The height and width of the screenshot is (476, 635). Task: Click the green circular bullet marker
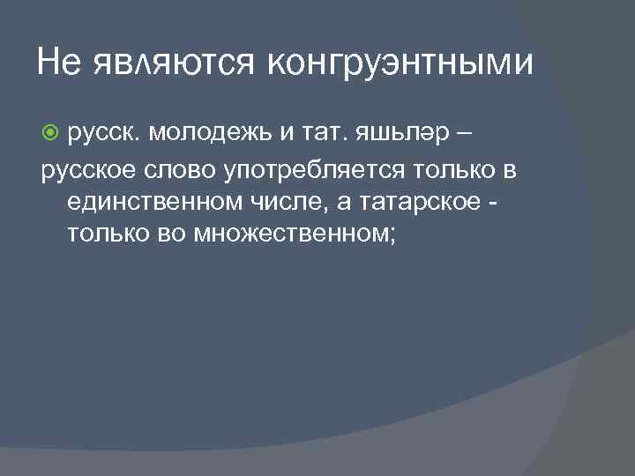50,132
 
